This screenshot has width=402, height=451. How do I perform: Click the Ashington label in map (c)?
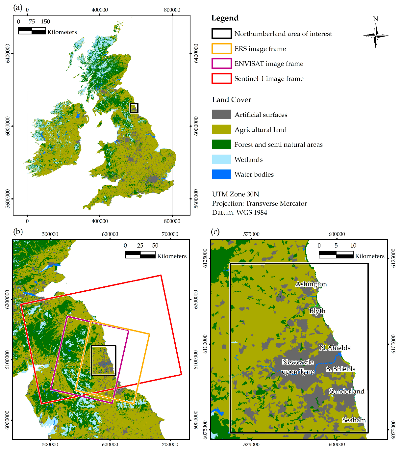(x=311, y=284)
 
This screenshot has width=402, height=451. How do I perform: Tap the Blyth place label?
(x=317, y=311)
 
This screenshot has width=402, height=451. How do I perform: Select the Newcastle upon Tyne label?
(x=298, y=367)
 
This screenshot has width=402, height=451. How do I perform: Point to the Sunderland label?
(x=347, y=391)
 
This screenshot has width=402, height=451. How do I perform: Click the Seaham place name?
(x=354, y=420)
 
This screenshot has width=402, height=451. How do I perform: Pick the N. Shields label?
(x=335, y=348)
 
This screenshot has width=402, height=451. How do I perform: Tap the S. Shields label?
(x=340, y=369)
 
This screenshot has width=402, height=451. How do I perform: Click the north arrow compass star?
(x=376, y=36)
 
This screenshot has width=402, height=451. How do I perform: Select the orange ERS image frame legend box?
(x=221, y=49)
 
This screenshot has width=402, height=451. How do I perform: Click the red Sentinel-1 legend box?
(x=221, y=79)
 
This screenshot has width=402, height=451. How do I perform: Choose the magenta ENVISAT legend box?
(x=221, y=64)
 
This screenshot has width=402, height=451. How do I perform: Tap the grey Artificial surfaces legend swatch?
(x=221, y=115)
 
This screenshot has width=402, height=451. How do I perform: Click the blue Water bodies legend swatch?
(x=221, y=174)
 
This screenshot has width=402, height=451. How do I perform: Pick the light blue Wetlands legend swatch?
(x=221, y=159)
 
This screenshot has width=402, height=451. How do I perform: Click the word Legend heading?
(x=225, y=18)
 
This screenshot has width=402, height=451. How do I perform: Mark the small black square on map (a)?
(x=134, y=108)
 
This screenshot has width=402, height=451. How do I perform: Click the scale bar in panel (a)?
(x=32, y=31)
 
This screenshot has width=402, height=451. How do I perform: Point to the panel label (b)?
(x=18, y=232)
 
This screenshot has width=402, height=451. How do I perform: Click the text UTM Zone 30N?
(x=235, y=194)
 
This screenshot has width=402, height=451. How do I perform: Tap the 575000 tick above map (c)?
(x=251, y=234)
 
